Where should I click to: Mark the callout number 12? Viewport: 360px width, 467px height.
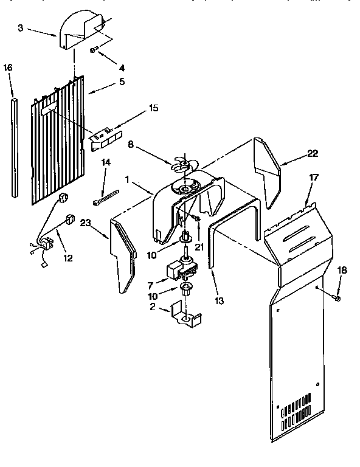tap(67, 258)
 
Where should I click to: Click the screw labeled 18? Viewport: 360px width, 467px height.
tap(337, 298)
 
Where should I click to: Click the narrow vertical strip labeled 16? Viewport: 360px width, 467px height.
tap(15, 146)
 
